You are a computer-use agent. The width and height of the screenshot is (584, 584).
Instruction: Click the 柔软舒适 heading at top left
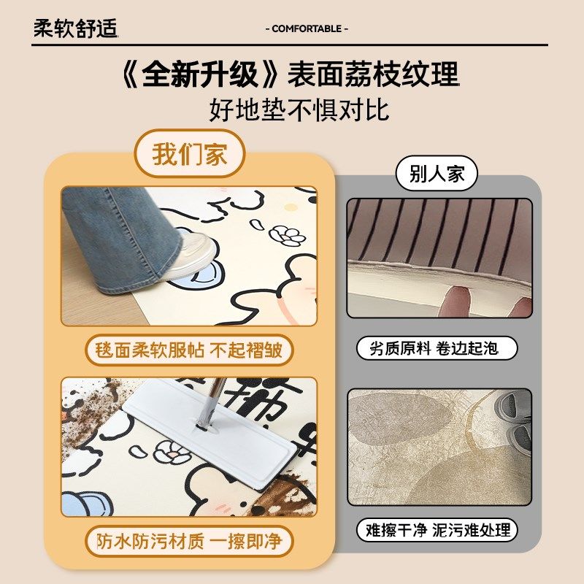(x=75, y=28)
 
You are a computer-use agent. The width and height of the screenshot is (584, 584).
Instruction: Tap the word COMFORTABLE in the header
(x=305, y=28)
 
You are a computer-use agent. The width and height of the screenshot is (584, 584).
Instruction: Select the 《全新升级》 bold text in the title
(x=201, y=75)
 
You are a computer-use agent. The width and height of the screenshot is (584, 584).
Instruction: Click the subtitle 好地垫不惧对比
(x=299, y=110)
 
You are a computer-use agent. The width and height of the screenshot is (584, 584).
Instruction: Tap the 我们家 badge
(x=190, y=155)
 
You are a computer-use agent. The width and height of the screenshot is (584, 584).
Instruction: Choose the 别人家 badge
(x=437, y=175)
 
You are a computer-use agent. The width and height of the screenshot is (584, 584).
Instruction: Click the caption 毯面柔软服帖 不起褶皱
(x=189, y=350)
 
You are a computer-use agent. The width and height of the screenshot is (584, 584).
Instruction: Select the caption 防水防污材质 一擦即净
(x=189, y=542)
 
